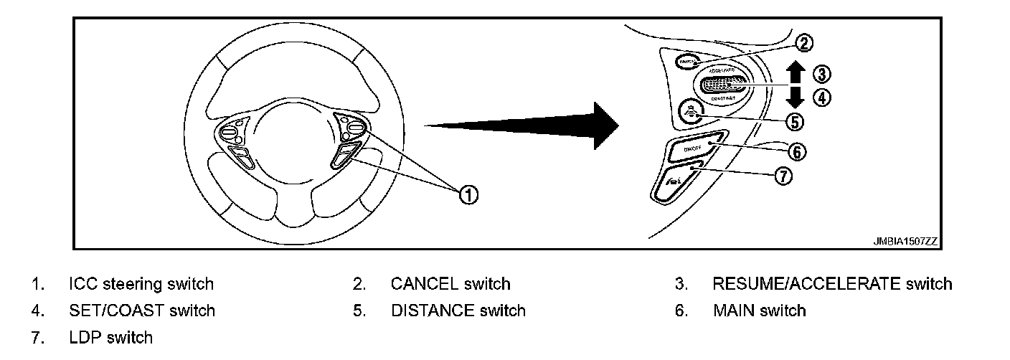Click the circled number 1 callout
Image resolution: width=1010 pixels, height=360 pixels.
[468, 194]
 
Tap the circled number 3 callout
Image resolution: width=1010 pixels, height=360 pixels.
[821, 74]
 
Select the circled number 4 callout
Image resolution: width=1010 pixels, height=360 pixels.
[821, 98]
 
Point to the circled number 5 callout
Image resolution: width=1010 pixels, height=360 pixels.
[794, 121]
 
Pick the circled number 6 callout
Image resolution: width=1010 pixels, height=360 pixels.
[797, 151]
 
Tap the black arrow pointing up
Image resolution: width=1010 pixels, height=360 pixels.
[795, 72]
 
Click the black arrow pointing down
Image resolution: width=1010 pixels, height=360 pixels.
[795, 98]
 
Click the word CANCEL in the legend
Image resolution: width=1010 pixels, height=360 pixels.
[424, 284]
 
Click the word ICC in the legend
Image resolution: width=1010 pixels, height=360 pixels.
[83, 284]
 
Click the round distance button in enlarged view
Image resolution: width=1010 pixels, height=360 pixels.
[688, 111]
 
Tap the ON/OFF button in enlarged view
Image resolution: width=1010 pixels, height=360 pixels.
[692, 148]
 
